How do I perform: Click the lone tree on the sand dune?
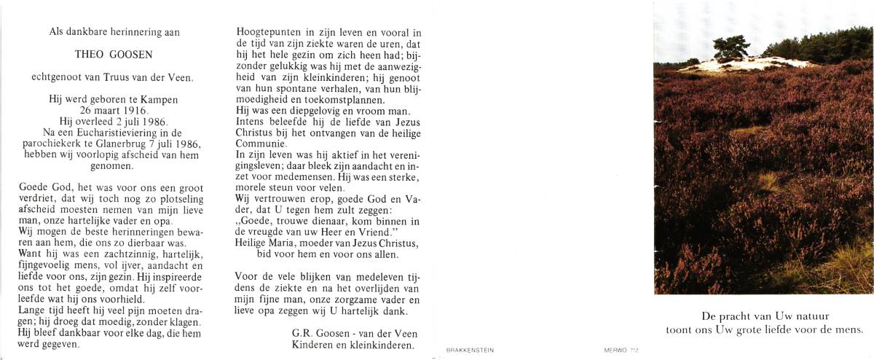click(730, 47)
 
